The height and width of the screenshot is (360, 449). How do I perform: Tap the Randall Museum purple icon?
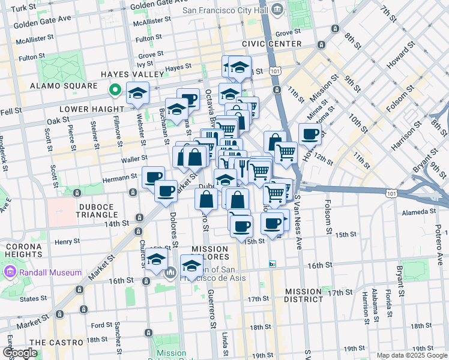[x=10, y=272]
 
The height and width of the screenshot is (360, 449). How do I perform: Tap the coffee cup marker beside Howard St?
[x=310, y=134]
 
